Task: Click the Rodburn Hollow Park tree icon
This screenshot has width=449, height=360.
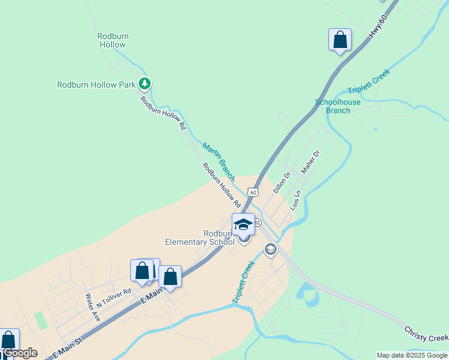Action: pyautogui.click(x=144, y=84)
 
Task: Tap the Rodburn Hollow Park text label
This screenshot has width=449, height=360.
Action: pyautogui.click(x=96, y=85)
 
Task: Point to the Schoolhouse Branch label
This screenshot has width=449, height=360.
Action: pyautogui.click(x=338, y=106)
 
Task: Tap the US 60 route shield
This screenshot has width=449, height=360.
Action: pyautogui.click(x=254, y=192)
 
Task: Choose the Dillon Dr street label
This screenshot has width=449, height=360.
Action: pyautogui.click(x=282, y=182)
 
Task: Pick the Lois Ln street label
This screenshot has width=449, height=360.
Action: pyautogui.click(x=295, y=200)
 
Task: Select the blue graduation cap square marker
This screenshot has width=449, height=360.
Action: pyautogui.click(x=243, y=225)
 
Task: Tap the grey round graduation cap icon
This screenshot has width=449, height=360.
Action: pyautogui.click(x=271, y=249)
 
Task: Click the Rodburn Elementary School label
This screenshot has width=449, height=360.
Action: pyautogui.click(x=200, y=238)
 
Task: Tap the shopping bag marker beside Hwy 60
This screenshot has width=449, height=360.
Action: pyautogui.click(x=340, y=40)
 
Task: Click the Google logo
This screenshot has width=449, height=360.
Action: pyautogui.click(x=20, y=353)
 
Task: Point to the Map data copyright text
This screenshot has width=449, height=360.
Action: pyautogui.click(x=412, y=355)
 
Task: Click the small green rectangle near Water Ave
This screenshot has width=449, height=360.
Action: pyautogui.click(x=41, y=320)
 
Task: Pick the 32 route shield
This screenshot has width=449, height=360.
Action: pyautogui.click(x=258, y=223)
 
